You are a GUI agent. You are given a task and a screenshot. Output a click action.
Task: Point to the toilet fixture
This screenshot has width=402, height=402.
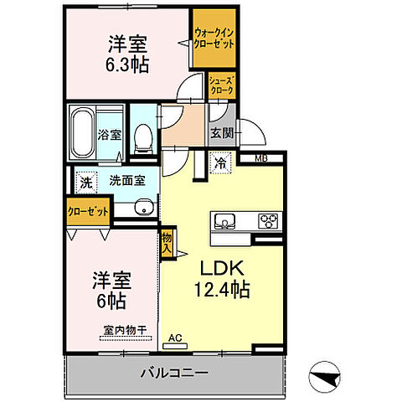pyautogui.click(x=142, y=135)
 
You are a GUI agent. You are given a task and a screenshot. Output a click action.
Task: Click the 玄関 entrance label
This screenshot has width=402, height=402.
pyautogui.click(x=222, y=132)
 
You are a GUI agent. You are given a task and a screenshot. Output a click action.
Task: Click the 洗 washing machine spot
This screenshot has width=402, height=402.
pyautogui.click(x=85, y=179)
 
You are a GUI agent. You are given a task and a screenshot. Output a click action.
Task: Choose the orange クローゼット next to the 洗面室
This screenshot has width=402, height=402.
pyautogui.click(x=88, y=213)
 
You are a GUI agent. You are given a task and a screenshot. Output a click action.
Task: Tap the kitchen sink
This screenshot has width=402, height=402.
pyautogui.click(x=227, y=222)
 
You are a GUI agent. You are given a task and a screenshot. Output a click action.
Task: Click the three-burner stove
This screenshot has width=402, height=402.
pyautogui.click(x=270, y=222)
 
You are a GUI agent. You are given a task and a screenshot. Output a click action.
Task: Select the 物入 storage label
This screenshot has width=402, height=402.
pyautogui.click(x=167, y=243)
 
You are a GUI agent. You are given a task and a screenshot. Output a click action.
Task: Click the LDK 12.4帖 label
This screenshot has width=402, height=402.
pyautogui.click(x=221, y=279)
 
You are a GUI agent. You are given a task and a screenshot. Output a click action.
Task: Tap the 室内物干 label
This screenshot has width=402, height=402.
pyautogui.click(x=124, y=330)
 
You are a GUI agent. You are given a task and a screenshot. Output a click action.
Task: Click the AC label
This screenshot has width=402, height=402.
pyautogui.click(x=174, y=338)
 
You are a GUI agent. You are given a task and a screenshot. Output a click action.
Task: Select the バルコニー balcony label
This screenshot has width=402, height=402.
pyautogui.click(x=174, y=372)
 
